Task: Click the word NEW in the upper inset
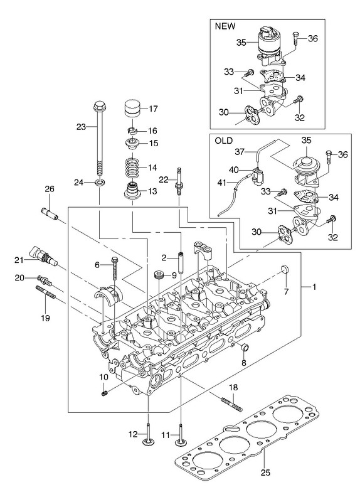point(225,26)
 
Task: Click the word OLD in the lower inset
point(224,141)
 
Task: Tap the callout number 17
point(153,109)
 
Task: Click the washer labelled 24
point(100,183)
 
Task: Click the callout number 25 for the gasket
point(265,473)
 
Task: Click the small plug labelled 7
point(285,270)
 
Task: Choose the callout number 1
point(314,287)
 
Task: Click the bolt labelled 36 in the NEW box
point(295,40)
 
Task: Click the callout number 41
point(222,183)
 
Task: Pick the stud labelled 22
point(178,181)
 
